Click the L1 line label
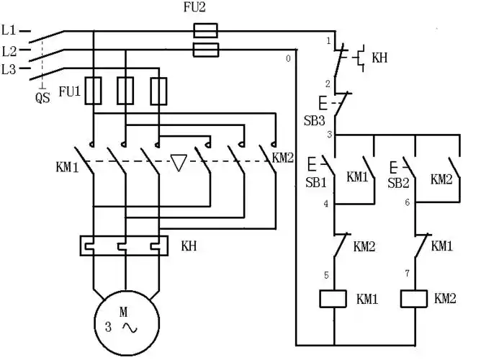click(x=9, y=32)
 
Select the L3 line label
click(x=9, y=69)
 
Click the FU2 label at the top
click(x=207, y=9)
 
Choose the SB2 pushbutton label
click(x=397, y=183)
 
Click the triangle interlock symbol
click(x=179, y=163)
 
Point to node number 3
click(x=328, y=135)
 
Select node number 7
click(x=408, y=275)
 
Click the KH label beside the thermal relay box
click(x=189, y=246)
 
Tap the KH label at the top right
click(x=379, y=58)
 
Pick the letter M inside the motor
click(x=123, y=312)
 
